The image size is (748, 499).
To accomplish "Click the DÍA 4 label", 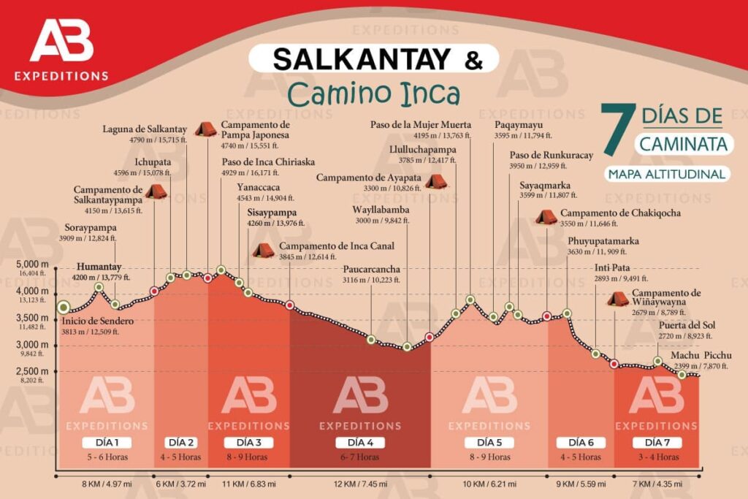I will pyautogui.click(x=359, y=443).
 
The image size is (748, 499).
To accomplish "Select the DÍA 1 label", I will pyautogui.click(x=106, y=443).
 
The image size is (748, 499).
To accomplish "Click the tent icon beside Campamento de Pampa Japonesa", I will pyautogui.click(x=205, y=129).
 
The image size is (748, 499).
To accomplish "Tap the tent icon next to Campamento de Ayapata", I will pyautogui.click(x=436, y=180).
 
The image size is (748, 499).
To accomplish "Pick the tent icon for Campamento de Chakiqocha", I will pyautogui.click(x=546, y=217).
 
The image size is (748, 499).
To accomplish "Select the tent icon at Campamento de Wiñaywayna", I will pyautogui.click(x=617, y=298).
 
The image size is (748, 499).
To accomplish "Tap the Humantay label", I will pyautogui.click(x=98, y=267).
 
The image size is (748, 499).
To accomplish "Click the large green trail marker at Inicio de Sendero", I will pyautogui.click(x=64, y=307).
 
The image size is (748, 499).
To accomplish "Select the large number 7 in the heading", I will pyautogui.click(x=614, y=130).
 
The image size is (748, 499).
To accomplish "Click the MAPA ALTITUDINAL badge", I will pyautogui.click(x=666, y=174).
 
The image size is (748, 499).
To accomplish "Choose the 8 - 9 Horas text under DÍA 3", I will pyautogui.click(x=245, y=457).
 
